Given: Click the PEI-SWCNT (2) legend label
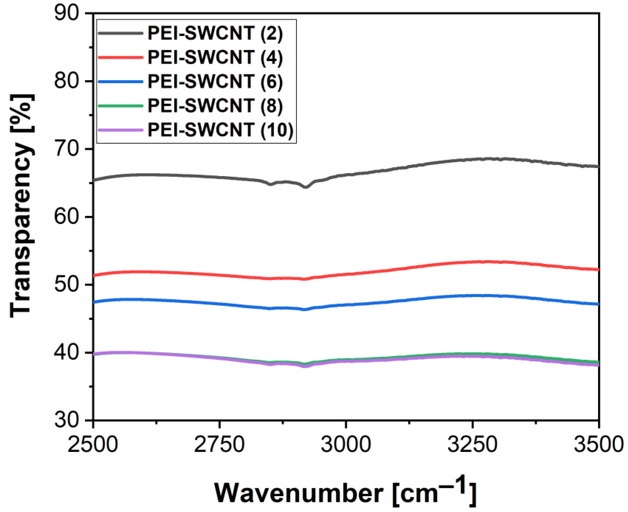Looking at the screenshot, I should click(215, 33).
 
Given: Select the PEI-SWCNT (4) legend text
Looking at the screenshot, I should click(215, 57).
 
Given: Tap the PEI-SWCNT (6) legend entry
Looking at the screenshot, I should click(215, 82).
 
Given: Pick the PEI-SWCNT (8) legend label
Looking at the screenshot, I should click(215, 106).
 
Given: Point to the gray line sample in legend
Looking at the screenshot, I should click(121, 33).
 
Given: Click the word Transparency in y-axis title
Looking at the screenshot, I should click(22, 230).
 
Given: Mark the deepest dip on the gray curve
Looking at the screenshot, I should click(306, 187).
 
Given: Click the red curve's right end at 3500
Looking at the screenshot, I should click(598, 269).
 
